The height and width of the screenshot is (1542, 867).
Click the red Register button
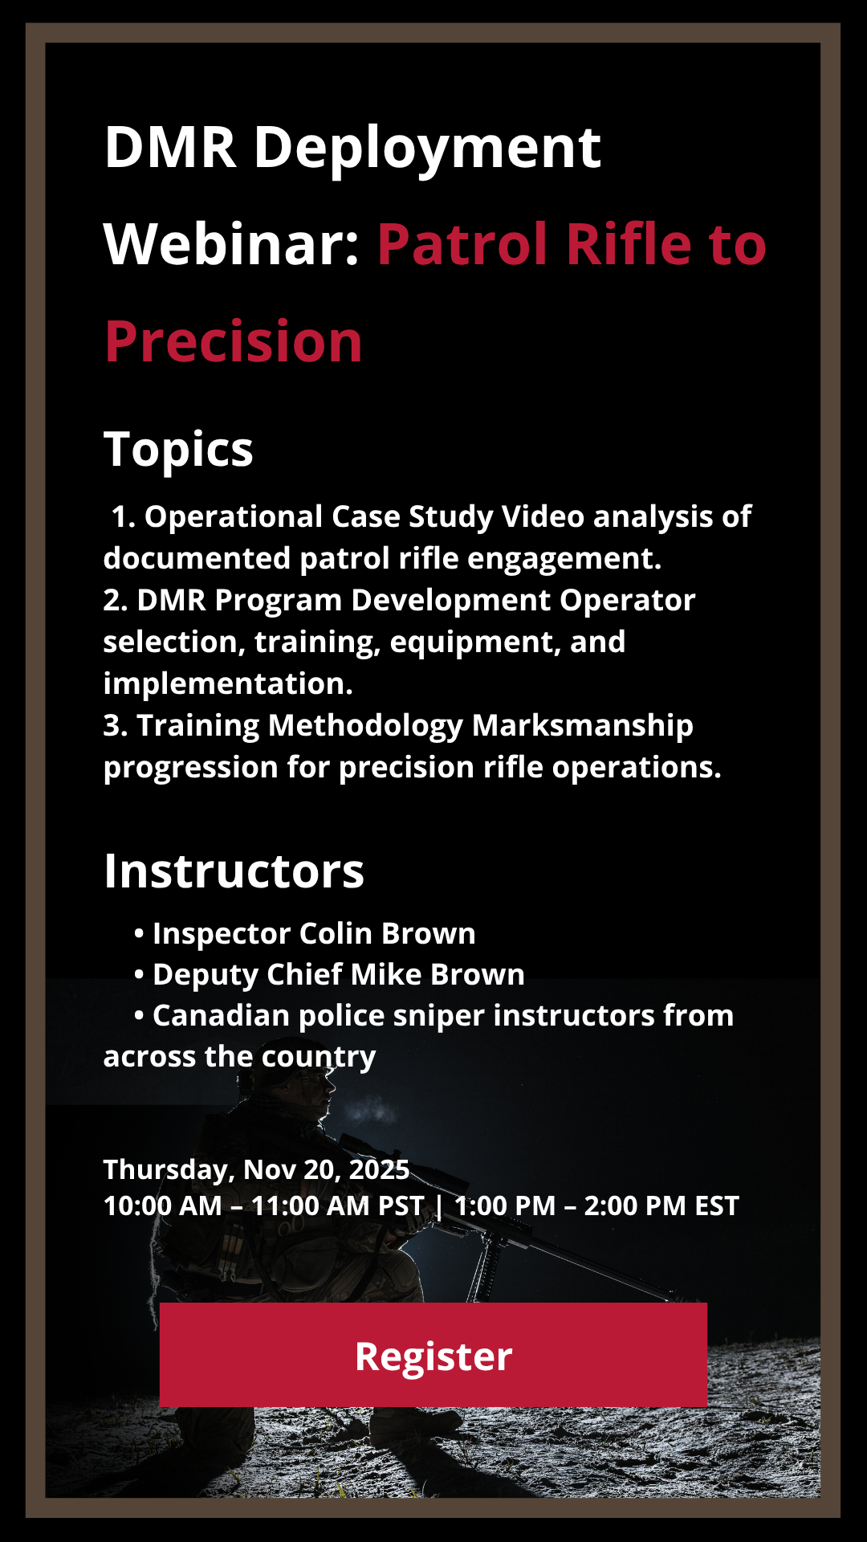tap(433, 1355)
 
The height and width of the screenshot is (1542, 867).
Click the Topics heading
tap(178, 450)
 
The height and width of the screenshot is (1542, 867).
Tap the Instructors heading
tap(234, 871)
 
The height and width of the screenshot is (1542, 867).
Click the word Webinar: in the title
tap(231, 243)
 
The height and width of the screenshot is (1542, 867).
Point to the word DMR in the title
tap(170, 147)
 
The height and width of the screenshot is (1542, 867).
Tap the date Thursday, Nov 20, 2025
tap(256, 1170)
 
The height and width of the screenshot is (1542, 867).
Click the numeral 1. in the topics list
tap(123, 517)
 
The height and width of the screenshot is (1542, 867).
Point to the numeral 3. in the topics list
tap(116, 726)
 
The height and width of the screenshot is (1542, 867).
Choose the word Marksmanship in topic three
tap(582, 726)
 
